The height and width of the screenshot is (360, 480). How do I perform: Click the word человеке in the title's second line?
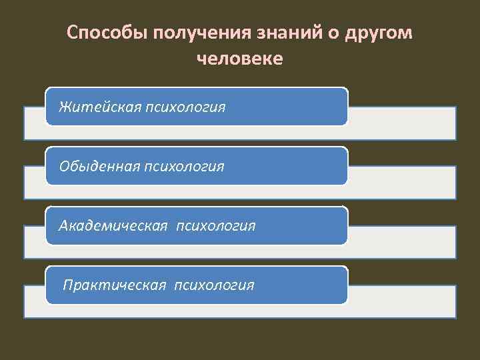[240, 59]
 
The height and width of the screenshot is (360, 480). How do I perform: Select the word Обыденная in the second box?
[99, 165]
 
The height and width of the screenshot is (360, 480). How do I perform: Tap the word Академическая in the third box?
[113, 225]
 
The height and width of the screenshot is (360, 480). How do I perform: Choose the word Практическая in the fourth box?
[114, 285]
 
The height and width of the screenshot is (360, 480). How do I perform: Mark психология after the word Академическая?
[216, 225]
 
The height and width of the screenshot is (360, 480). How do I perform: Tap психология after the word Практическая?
[215, 285]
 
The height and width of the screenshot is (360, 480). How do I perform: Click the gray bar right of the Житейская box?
[401, 123]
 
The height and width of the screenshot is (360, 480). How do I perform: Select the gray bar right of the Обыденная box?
[401, 183]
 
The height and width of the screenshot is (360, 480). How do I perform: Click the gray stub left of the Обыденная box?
[34, 183]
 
